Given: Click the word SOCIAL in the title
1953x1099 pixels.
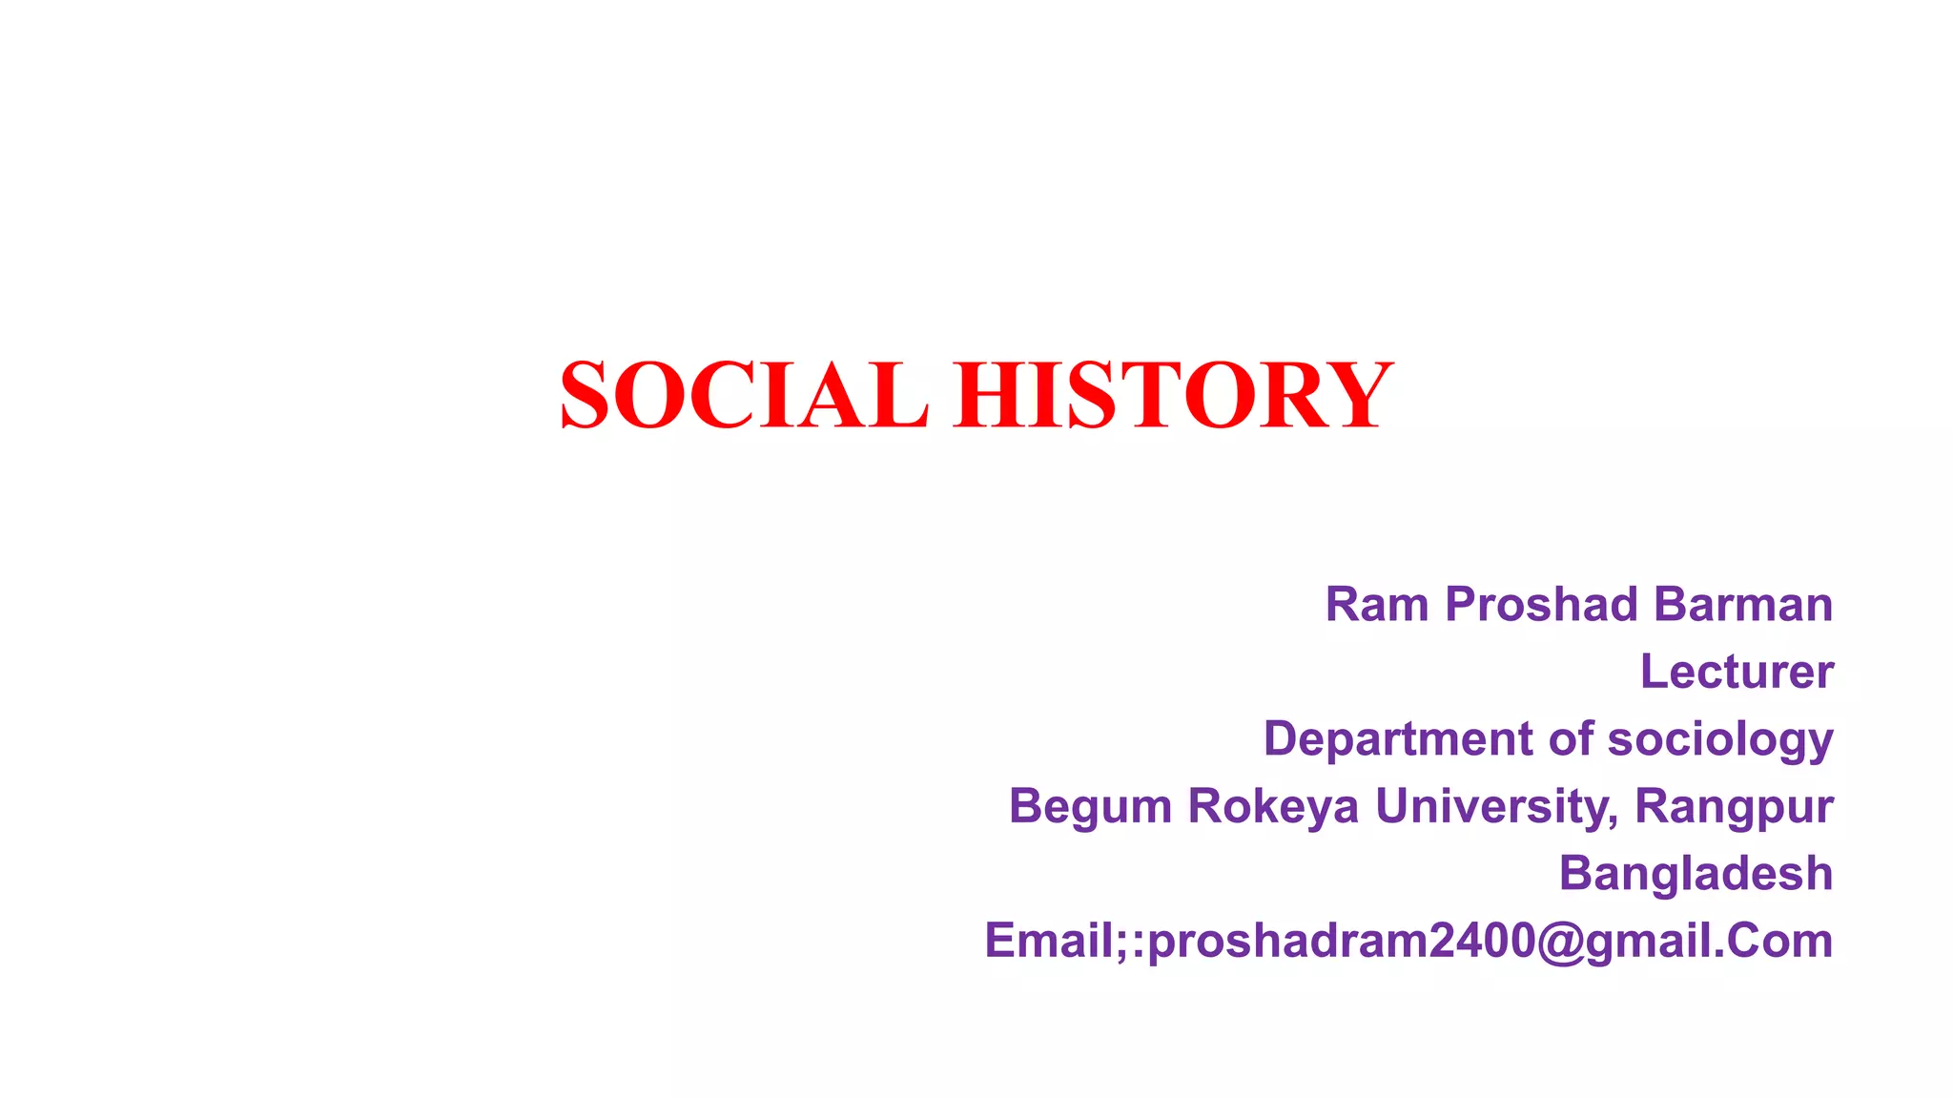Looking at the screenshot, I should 743,395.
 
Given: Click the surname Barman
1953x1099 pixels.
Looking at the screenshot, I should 1742,605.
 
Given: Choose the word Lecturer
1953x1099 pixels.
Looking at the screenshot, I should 1737,672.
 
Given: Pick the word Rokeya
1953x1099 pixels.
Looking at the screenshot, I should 1273,807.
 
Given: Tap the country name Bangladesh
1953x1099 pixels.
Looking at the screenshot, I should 1696,874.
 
